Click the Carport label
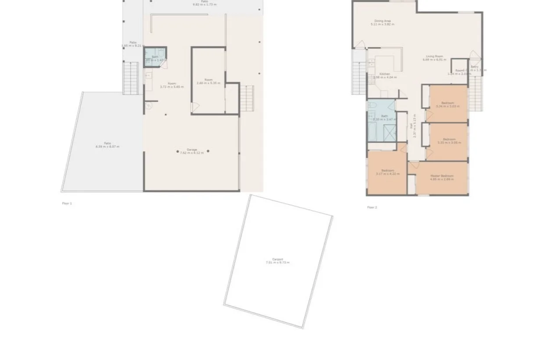[x=277, y=259]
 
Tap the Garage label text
[x=192, y=150]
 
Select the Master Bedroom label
[x=442, y=176]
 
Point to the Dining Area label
[x=382, y=21]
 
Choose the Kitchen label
[x=385, y=74]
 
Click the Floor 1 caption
[x=67, y=203]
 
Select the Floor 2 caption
[x=372, y=207]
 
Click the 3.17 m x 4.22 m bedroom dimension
[x=388, y=174]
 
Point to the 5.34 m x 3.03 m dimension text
[x=447, y=106]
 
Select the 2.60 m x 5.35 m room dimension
[x=208, y=83]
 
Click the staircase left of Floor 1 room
[x=130, y=78]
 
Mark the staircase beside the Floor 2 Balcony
[x=475, y=94]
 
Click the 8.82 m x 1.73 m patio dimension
[x=205, y=4]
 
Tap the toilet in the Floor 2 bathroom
[x=372, y=105]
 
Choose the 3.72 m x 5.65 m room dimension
[x=172, y=87]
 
